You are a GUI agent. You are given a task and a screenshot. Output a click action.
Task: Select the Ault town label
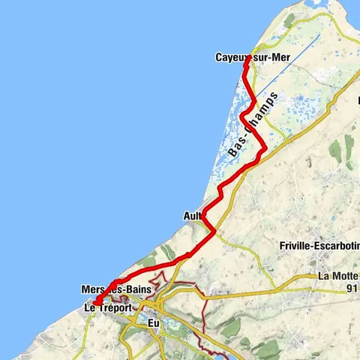click(191, 215)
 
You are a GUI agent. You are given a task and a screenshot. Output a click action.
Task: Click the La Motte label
click(338, 275)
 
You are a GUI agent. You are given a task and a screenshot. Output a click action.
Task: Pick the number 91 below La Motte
click(346, 287)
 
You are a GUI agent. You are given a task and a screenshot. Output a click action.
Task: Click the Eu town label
click(155, 322)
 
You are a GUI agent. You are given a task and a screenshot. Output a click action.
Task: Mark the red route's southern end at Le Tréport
click(96, 302)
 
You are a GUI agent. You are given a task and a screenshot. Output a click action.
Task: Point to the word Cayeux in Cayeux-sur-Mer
click(229, 58)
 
